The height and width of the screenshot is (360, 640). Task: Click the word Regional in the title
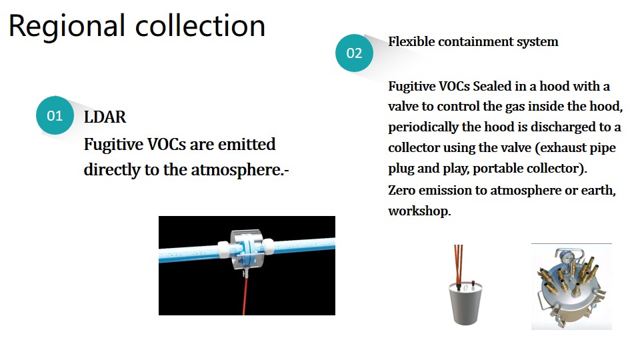click(x=67, y=27)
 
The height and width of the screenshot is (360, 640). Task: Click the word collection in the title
click(x=200, y=25)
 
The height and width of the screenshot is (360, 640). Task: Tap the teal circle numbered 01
click(x=55, y=115)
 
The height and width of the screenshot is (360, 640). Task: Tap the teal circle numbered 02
click(x=354, y=53)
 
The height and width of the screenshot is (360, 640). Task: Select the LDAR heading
click(x=105, y=117)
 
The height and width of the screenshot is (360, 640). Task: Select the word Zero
click(x=401, y=190)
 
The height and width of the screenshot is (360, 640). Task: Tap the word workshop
click(x=419, y=211)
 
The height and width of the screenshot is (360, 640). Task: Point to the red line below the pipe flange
click(x=245, y=295)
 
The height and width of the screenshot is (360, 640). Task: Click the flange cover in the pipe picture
click(x=246, y=250)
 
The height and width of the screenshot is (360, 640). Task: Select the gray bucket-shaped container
click(x=466, y=303)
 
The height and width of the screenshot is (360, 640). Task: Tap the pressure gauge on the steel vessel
click(x=566, y=256)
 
